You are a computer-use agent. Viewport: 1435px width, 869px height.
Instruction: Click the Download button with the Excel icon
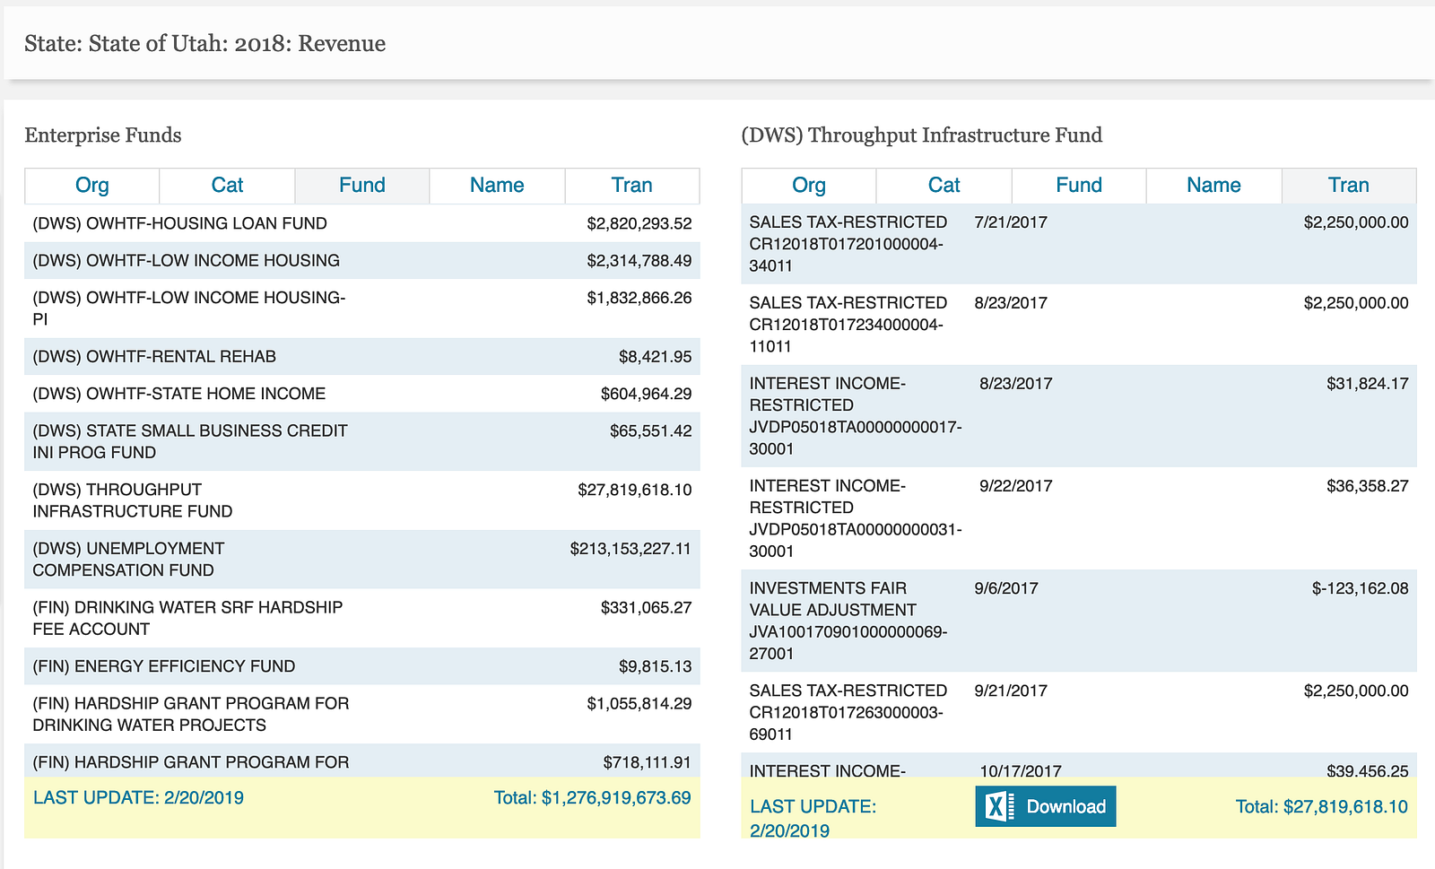(1046, 806)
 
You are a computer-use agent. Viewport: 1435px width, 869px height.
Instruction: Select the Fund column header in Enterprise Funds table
(361, 186)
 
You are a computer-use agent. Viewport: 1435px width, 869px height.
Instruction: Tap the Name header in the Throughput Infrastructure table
(1213, 186)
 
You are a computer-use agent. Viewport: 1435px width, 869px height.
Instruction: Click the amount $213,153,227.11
(631, 549)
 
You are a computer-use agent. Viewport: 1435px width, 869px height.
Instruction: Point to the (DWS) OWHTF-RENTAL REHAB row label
(154, 357)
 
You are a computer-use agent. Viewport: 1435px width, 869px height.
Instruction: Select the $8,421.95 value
(655, 357)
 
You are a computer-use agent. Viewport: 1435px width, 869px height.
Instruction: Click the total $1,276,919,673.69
(592, 798)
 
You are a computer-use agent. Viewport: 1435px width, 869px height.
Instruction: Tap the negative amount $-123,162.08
(1360, 588)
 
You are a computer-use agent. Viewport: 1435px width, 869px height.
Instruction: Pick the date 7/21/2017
(1011, 222)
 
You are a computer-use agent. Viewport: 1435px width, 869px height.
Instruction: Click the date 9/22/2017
(1016, 486)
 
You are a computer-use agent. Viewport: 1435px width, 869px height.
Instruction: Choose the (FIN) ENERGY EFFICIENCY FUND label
(164, 666)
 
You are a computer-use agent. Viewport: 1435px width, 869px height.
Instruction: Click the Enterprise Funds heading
(103, 135)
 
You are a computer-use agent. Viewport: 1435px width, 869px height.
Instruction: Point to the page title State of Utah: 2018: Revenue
(205, 44)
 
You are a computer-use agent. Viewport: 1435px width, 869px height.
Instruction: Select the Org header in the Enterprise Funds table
(91, 186)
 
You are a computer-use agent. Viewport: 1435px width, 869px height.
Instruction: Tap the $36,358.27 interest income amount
(1368, 486)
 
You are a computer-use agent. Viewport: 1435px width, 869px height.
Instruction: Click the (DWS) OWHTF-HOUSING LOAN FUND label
(179, 223)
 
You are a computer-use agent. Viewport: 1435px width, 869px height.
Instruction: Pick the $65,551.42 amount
(650, 431)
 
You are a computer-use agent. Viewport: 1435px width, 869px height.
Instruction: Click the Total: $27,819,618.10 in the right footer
(1321, 807)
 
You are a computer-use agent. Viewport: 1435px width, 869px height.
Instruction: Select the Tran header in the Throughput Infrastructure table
(1348, 186)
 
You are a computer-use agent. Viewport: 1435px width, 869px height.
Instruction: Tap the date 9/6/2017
(1006, 588)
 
